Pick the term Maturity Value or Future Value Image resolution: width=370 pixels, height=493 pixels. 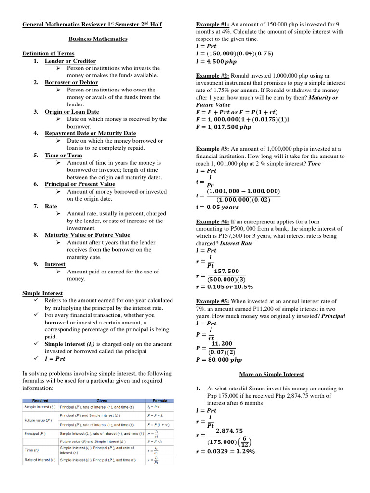click(87, 235)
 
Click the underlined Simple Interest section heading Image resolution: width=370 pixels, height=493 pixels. click(42, 293)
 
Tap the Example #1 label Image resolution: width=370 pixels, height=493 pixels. click(212, 24)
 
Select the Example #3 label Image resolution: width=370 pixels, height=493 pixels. click(212, 149)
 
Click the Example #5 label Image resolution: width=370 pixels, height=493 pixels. click(212, 301)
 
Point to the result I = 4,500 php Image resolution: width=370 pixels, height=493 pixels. click(216, 62)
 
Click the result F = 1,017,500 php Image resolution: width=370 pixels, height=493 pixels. click(224, 127)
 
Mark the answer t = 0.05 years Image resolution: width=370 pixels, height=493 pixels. click(217, 207)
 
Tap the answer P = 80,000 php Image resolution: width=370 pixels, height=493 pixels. click(219, 359)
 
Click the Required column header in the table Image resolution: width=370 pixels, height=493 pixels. click(40, 401)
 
